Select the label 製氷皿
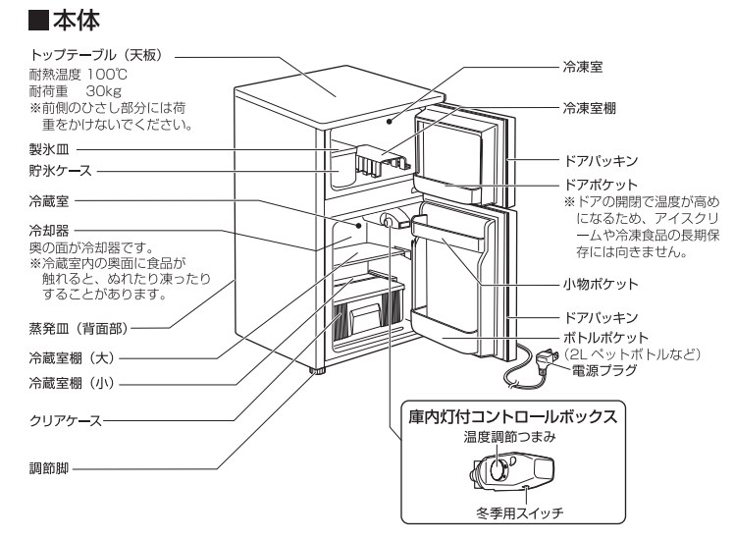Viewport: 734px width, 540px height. click(x=48, y=150)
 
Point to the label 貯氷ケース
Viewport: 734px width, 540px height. click(x=59, y=171)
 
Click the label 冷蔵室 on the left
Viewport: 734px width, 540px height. click(x=48, y=199)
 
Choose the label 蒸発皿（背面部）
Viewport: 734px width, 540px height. click(x=79, y=327)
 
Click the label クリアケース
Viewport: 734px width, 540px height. click(x=66, y=423)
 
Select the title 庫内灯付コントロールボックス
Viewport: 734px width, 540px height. click(x=513, y=416)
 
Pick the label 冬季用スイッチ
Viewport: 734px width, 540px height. click(x=513, y=512)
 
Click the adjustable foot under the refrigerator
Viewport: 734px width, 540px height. click(x=317, y=372)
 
